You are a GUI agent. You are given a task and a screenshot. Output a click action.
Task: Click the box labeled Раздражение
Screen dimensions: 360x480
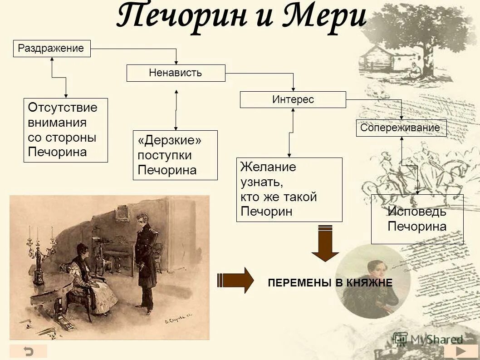[52, 49]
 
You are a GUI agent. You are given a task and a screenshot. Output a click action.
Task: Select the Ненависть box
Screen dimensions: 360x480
[176, 73]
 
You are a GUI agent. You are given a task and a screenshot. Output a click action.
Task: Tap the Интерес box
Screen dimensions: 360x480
[293, 100]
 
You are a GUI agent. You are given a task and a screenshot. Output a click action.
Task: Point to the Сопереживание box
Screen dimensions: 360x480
[401, 128]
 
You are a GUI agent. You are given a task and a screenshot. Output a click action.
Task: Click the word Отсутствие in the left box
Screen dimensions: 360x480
[63, 108]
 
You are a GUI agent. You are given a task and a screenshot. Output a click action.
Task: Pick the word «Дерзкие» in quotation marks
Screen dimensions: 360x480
[170, 141]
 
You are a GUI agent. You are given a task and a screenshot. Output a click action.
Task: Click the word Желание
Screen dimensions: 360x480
[268, 167]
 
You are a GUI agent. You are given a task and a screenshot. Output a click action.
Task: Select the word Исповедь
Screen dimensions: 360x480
[417, 212]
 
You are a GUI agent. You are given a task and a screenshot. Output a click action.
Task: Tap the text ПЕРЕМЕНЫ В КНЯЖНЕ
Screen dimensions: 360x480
[330, 283]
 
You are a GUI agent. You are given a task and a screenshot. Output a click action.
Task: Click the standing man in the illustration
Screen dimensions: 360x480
[146, 261]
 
